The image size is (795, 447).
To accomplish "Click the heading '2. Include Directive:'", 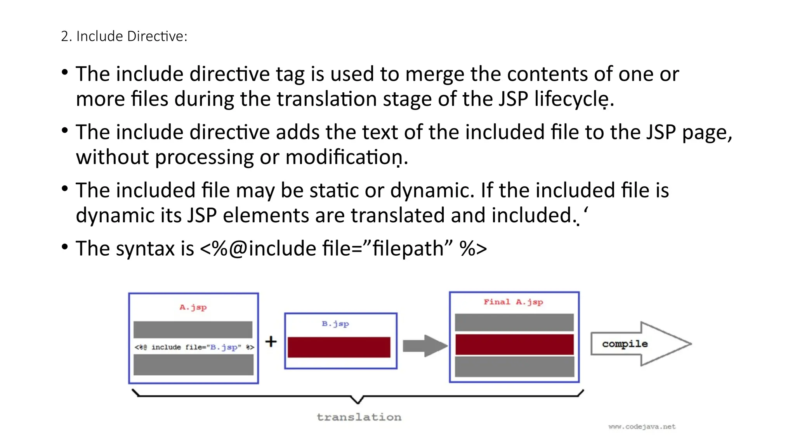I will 124,36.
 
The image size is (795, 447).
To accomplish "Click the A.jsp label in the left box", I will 193,307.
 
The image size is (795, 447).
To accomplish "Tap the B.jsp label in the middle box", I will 335,324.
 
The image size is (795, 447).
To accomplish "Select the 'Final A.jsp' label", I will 513,302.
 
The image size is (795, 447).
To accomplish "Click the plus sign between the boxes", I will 271,342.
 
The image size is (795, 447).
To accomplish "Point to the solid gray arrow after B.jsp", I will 425,345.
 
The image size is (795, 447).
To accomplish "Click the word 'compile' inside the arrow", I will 625,344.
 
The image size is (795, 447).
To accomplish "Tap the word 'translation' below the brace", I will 359,417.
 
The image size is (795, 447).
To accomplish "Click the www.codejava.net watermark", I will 642,426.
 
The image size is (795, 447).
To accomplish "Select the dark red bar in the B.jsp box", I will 339,347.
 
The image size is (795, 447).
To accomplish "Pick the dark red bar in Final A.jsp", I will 514,344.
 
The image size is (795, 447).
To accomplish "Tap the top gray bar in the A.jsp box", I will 193,329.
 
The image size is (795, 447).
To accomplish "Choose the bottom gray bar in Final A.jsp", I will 514,367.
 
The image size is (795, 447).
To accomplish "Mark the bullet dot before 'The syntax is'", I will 65,247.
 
